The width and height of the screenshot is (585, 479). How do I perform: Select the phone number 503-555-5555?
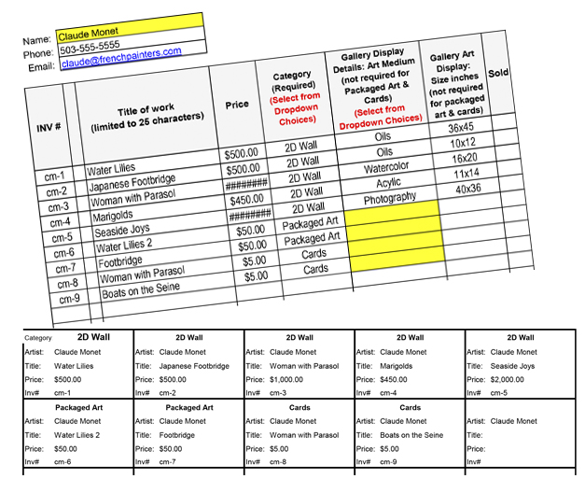pyautogui.click(x=90, y=47)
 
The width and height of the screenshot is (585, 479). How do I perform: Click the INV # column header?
pyautogui.click(x=49, y=127)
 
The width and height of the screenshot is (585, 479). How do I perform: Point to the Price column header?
pyautogui.click(x=237, y=105)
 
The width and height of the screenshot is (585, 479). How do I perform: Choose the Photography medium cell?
pyautogui.click(x=389, y=198)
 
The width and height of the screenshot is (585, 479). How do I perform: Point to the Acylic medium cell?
pyautogui.click(x=383, y=183)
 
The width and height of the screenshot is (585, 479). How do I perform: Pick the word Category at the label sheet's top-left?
pyautogui.click(x=38, y=338)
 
